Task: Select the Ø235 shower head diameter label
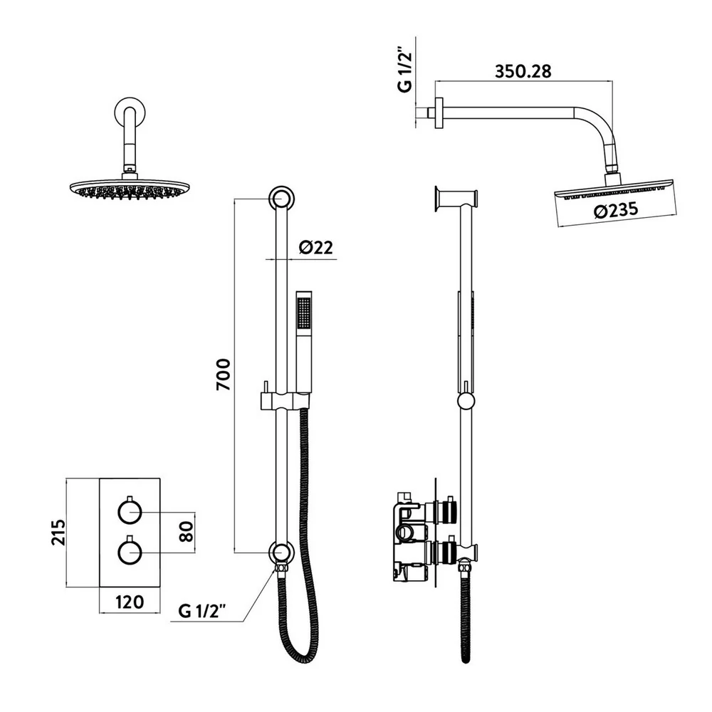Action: (613, 210)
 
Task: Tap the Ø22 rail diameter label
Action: (316, 247)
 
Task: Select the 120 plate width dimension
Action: (129, 602)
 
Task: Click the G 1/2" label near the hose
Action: (202, 610)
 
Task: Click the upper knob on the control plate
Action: (130, 512)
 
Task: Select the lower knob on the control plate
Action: (130, 552)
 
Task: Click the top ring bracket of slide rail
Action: (280, 199)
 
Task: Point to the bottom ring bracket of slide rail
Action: (280, 553)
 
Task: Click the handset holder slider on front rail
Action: (284, 401)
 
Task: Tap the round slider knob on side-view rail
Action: (466, 401)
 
